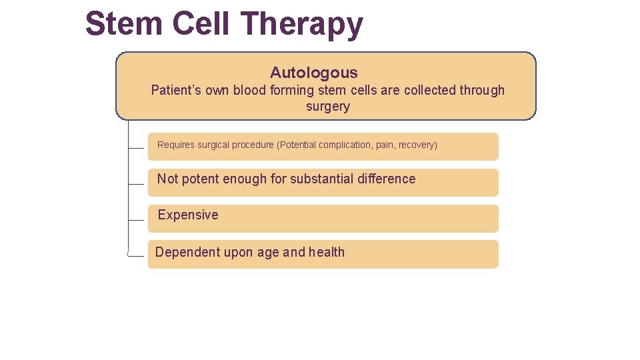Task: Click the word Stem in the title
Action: [124, 24]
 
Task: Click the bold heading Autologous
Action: [313, 73]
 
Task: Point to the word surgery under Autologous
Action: [327, 107]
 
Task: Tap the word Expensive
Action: [188, 215]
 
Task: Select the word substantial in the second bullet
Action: [321, 179]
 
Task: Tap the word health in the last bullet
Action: [327, 252]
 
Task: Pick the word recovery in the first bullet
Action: [416, 145]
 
